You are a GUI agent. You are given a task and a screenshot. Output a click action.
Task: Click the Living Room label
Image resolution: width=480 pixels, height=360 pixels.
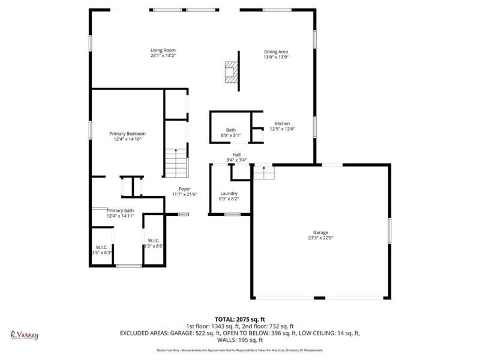tap(163, 50)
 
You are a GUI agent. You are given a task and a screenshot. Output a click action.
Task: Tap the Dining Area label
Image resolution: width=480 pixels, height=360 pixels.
tap(277, 52)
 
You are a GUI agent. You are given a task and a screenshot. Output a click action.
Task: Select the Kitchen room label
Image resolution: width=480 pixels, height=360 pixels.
tap(282, 124)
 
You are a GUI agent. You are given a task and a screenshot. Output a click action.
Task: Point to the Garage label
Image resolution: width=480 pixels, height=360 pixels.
tap(320, 232)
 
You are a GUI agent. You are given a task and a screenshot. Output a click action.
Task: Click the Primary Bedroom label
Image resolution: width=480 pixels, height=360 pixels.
tap(127, 134)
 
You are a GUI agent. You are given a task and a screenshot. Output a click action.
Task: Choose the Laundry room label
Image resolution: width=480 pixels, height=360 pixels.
tap(229, 193)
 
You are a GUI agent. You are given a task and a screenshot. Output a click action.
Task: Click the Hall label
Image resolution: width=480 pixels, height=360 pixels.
tap(237, 155)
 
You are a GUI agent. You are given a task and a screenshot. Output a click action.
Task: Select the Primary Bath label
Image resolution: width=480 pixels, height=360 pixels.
tap(120, 211)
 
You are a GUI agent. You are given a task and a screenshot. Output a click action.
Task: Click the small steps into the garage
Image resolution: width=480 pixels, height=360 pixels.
tap(263, 173)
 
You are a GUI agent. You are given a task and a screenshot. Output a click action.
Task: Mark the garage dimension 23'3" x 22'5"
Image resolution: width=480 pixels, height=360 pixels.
tap(320, 238)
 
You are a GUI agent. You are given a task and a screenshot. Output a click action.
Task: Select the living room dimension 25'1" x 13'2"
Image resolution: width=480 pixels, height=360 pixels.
tap(163, 55)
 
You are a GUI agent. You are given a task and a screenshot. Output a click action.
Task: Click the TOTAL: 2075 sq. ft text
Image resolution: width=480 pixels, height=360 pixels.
tap(240, 319)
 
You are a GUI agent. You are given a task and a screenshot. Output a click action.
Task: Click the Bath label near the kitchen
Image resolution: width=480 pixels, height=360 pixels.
tap(231, 130)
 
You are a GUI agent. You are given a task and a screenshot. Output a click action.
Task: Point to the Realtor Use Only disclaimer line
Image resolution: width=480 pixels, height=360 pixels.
tap(240, 350)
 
